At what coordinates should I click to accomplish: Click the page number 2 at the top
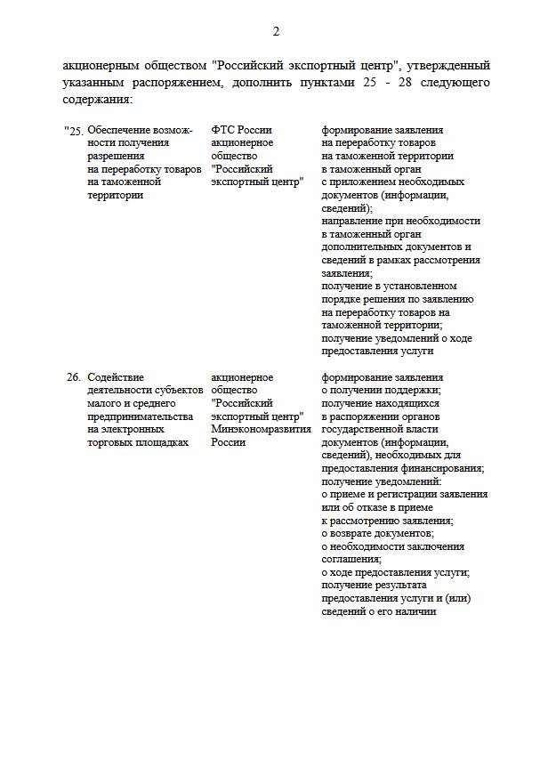(276, 32)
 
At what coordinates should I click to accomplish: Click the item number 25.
(76, 131)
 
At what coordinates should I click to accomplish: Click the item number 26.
(74, 377)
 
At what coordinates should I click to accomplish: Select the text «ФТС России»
(242, 131)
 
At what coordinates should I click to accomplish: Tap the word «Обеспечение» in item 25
(119, 131)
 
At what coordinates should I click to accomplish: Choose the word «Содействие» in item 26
(116, 377)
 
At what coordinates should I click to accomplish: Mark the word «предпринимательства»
(140, 416)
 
